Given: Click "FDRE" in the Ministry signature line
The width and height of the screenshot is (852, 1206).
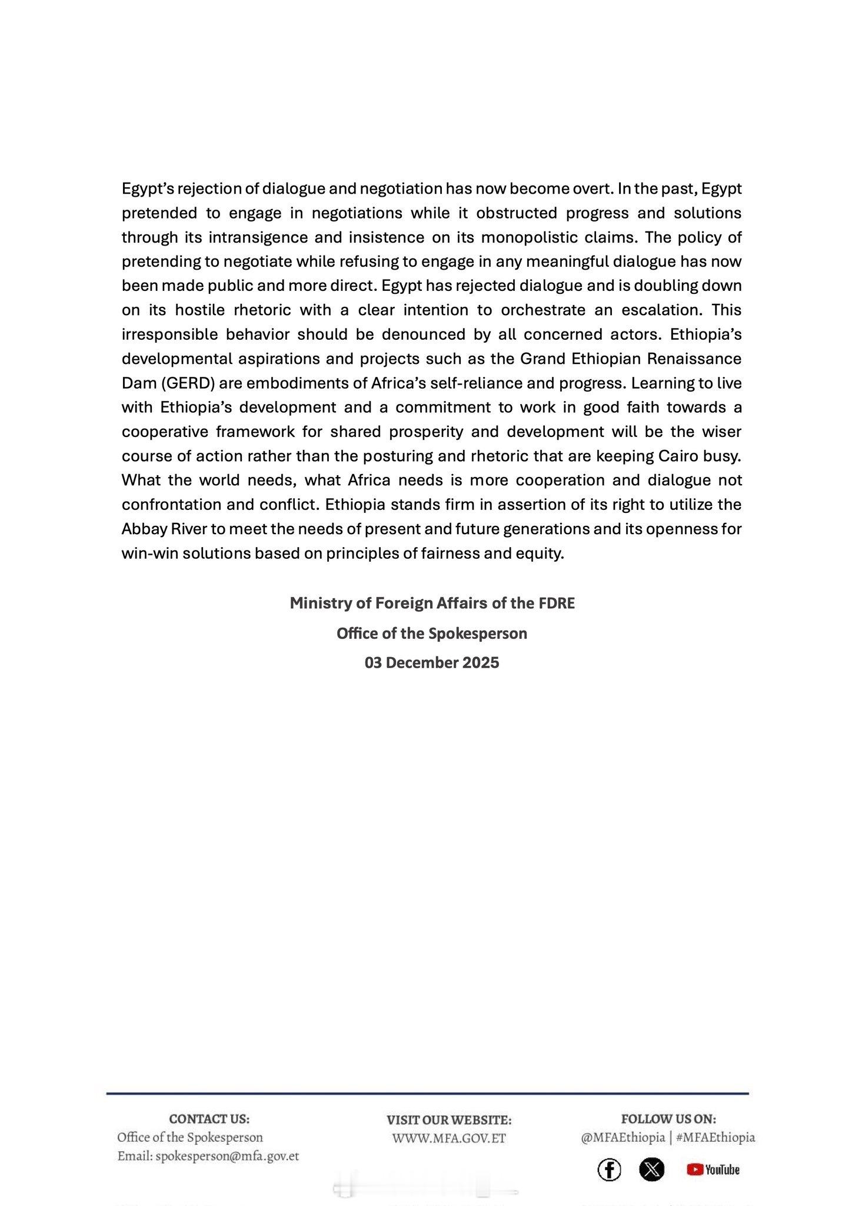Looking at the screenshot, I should [x=556, y=604].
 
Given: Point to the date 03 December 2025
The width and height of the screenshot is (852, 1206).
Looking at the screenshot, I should [x=432, y=663].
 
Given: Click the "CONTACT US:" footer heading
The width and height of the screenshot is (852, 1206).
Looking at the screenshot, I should [x=209, y=1119].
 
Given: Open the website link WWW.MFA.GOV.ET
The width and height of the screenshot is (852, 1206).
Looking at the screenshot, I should [x=449, y=1138].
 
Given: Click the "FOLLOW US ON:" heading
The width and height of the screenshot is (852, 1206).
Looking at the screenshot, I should [x=668, y=1119].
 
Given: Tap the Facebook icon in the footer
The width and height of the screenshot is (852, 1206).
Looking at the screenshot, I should [x=609, y=1169].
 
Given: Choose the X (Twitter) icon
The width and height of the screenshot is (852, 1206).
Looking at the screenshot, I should [x=651, y=1169].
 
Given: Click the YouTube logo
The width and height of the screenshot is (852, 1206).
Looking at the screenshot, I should [x=713, y=1169].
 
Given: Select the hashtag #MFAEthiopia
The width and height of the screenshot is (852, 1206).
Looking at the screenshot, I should [x=715, y=1137].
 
